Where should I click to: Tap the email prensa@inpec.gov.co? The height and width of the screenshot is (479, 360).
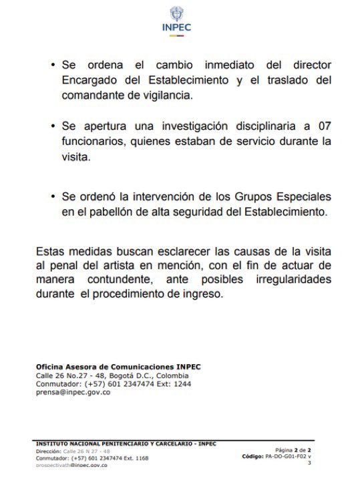coord(73,392)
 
